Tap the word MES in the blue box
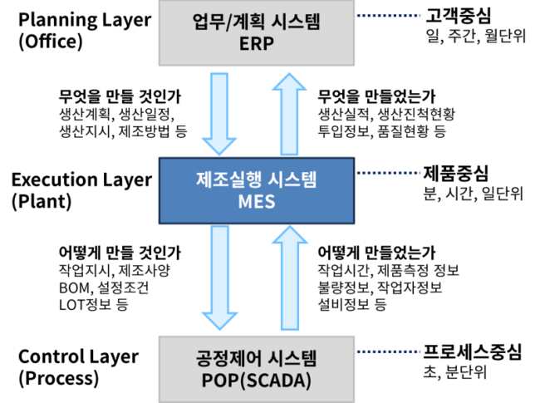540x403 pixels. [256, 201]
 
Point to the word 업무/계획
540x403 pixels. [223, 22]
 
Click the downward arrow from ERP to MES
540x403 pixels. [219, 112]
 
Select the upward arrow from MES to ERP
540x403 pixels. [289, 116]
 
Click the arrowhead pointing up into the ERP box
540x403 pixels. [289, 81]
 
